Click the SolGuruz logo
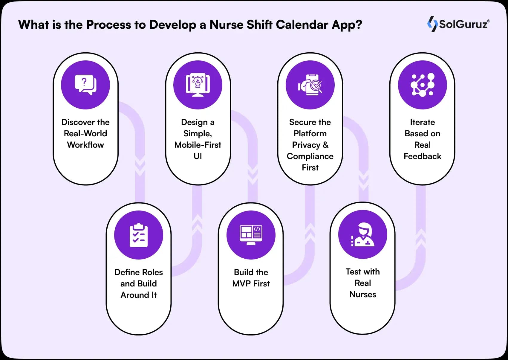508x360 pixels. coord(458,24)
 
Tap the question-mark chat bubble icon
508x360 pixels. coord(85,85)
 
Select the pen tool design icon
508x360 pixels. coord(198,85)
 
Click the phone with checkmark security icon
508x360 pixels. coord(310,85)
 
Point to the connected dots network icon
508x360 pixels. coord(422,85)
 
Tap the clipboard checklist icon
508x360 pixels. coord(139,235)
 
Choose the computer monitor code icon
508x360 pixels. coord(251,235)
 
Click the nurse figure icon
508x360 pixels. coord(362,235)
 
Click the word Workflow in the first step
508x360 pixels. coord(85,145)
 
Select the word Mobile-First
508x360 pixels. coord(198,145)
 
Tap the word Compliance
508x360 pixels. coord(310,156)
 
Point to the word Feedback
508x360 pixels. coord(422,156)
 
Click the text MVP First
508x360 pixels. coord(251,283)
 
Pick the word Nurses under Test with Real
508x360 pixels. coord(362,295)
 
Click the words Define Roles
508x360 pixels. coord(139,272)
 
